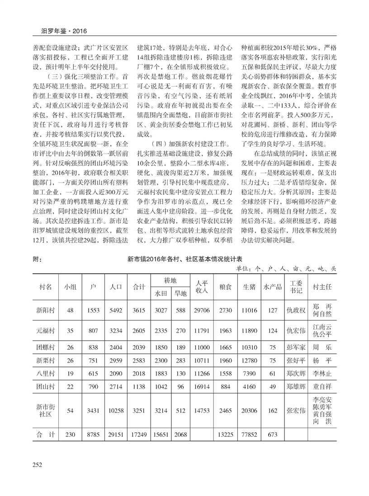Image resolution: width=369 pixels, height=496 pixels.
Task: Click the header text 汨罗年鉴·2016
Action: [x=61, y=31]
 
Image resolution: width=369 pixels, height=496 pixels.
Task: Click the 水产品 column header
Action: [x=272, y=287]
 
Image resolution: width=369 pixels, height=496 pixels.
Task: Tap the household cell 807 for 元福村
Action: [x=93, y=331]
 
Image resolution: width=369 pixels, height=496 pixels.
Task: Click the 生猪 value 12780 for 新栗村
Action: [x=250, y=362]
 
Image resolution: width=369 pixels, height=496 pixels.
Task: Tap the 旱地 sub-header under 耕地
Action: [x=180, y=293]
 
